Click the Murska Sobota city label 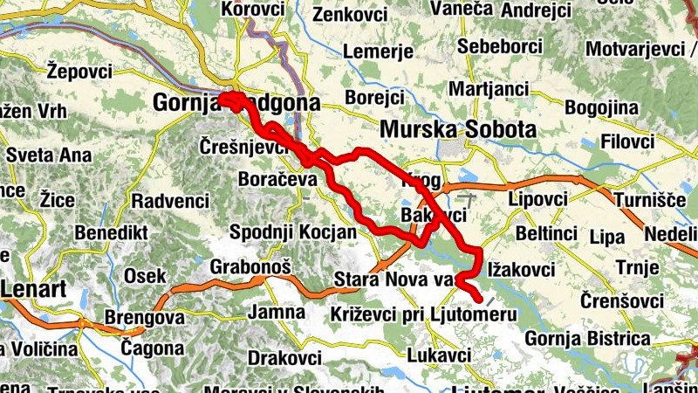[x=457, y=129]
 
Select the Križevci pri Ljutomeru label [x=424, y=314]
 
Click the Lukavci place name [x=439, y=355]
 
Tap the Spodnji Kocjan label [x=292, y=232]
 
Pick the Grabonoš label [x=250, y=265]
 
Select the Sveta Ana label [x=47, y=155]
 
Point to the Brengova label [x=144, y=317]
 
